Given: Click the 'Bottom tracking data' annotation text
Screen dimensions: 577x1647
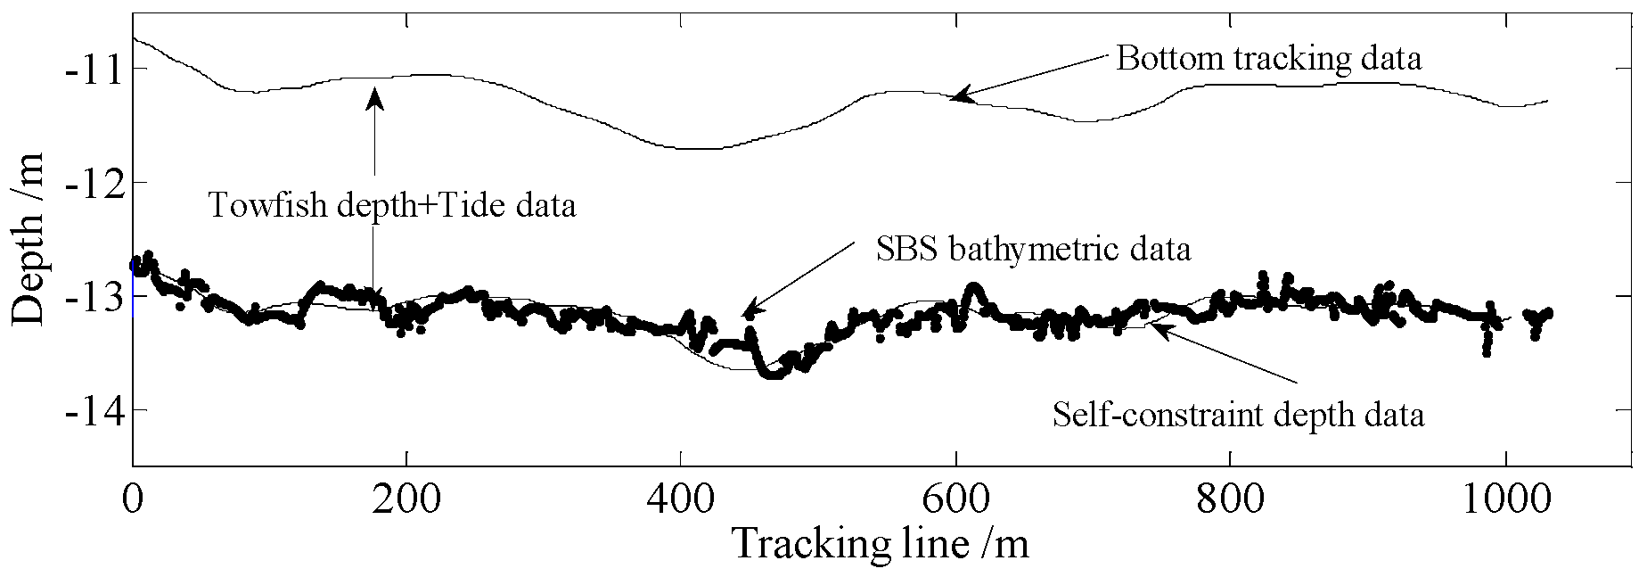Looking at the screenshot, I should pos(1268,60).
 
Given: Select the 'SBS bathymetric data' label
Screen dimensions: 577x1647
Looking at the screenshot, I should pos(1033,249).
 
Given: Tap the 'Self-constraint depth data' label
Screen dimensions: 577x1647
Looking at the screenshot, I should pos(1238,415).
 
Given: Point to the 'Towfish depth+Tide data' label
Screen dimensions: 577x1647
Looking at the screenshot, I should pos(391,206).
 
